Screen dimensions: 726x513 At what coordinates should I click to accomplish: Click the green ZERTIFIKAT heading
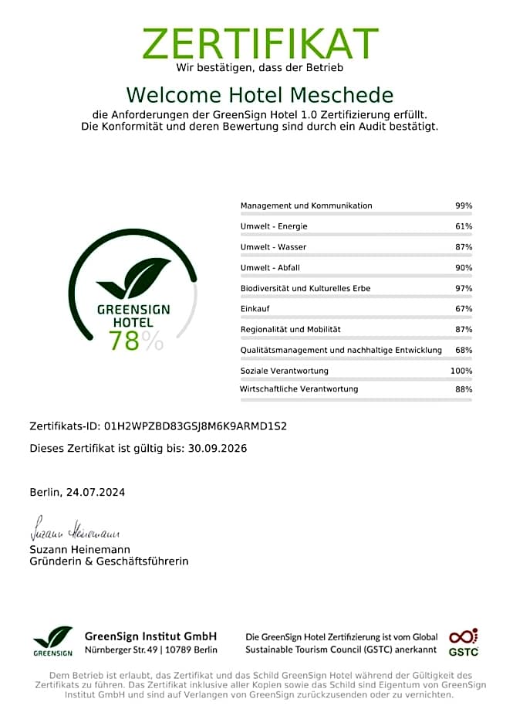point(260,43)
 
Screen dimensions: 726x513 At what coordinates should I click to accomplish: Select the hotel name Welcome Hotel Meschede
point(260,95)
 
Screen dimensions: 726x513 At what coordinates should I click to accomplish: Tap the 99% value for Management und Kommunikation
point(463,205)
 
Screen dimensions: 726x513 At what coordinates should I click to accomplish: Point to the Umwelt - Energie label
point(274,226)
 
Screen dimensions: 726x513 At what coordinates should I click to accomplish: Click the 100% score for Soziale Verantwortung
point(461,371)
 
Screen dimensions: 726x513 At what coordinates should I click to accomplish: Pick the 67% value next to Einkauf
point(463,309)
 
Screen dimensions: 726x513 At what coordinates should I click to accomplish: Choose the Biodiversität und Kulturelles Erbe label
point(305,288)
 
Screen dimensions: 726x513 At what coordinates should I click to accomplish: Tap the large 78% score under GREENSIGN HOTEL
point(135,341)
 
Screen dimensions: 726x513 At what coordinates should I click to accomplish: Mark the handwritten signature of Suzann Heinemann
point(75,533)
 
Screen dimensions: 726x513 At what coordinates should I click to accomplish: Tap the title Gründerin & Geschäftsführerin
point(109,561)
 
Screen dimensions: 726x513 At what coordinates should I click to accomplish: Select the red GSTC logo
point(464,642)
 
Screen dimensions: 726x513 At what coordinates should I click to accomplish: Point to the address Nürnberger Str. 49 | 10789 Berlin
point(150,650)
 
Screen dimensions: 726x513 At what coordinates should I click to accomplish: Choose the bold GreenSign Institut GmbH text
point(150,636)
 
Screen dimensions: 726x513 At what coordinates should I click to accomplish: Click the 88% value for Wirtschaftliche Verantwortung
point(463,389)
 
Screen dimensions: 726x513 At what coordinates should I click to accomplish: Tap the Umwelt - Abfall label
point(270,267)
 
